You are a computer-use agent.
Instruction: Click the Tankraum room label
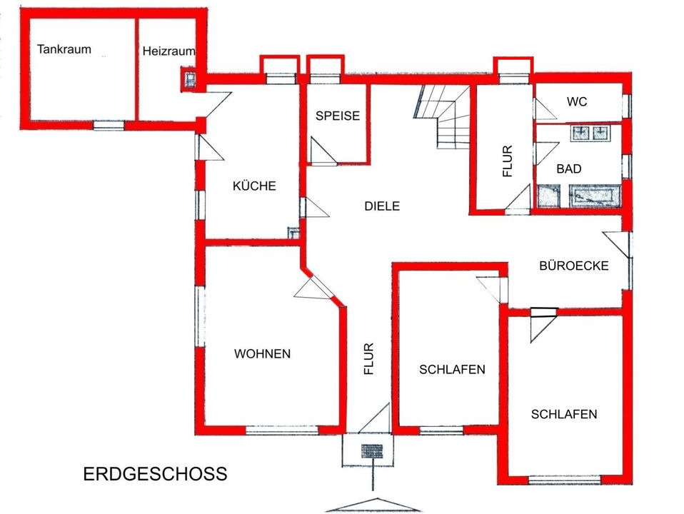click(64, 49)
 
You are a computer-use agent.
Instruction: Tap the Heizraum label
click(169, 51)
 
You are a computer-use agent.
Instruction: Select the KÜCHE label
click(254, 186)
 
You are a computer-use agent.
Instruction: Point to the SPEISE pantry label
click(338, 116)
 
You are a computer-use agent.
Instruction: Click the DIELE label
click(382, 206)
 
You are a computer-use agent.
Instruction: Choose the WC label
click(577, 101)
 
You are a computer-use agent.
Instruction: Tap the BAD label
click(569, 168)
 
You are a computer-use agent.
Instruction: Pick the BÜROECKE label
click(573, 266)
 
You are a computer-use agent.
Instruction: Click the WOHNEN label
click(262, 353)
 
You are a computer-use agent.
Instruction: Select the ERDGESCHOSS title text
click(156, 474)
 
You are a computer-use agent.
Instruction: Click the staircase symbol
click(441, 117)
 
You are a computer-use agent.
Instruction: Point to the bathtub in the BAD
click(595, 196)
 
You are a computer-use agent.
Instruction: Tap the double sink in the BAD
click(590, 133)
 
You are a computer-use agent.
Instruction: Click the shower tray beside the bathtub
click(548, 196)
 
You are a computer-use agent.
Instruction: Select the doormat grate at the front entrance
click(372, 451)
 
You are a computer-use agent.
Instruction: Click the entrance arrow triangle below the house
click(373, 505)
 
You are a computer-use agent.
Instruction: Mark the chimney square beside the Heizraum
click(190, 79)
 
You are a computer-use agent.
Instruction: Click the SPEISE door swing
click(323, 151)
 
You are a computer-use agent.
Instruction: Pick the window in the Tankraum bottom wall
click(109, 126)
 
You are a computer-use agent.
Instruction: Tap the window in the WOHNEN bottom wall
click(282, 430)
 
